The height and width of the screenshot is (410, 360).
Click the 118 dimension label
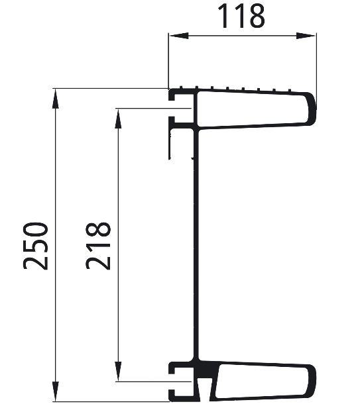click(x=241, y=16)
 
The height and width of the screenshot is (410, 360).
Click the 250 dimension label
click(x=36, y=246)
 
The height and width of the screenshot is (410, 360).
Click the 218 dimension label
click(x=98, y=246)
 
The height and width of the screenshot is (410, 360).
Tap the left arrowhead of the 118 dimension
click(x=178, y=36)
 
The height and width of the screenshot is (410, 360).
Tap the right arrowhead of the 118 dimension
click(x=306, y=36)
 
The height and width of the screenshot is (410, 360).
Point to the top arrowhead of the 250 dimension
click(x=55, y=99)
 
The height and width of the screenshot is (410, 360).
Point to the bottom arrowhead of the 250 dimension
click(x=55, y=391)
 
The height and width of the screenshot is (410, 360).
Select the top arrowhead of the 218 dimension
click(x=118, y=119)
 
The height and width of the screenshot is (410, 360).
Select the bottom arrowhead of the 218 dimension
click(x=118, y=372)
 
